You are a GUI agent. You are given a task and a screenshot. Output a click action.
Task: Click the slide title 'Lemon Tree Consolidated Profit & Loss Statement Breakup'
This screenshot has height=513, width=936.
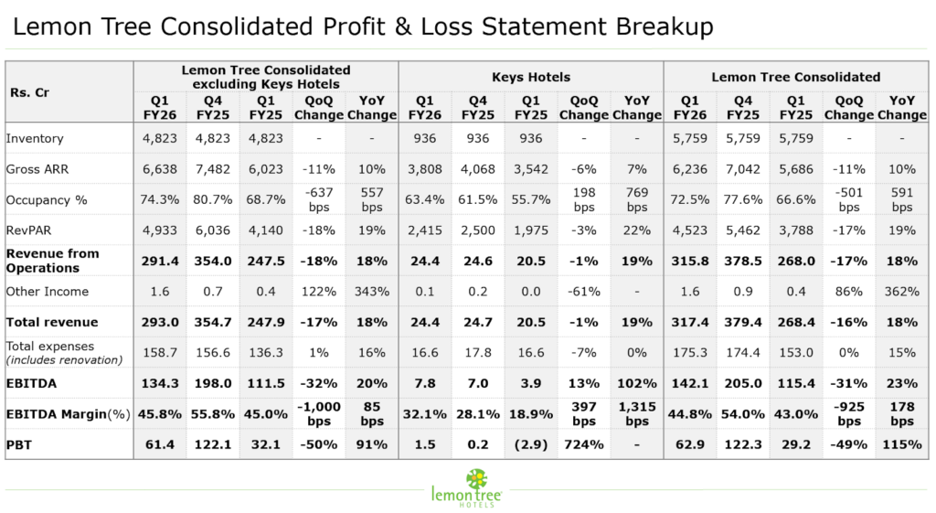click(363, 27)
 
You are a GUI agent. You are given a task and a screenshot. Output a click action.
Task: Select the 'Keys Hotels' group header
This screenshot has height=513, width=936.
click(530, 77)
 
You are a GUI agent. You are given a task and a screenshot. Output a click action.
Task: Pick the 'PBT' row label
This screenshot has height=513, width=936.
click(19, 444)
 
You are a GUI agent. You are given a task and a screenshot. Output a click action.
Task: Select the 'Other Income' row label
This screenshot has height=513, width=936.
click(48, 292)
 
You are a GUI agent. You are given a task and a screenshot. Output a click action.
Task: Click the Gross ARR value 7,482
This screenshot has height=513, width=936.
click(213, 168)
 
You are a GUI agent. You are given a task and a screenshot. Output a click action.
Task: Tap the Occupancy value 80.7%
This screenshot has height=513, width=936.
click(213, 199)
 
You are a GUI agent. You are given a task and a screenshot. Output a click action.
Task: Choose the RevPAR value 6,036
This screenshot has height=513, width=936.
click(213, 230)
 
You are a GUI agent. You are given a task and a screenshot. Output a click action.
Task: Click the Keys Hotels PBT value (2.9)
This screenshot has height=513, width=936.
click(530, 444)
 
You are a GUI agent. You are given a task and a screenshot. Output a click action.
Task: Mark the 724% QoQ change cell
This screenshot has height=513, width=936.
click(583, 444)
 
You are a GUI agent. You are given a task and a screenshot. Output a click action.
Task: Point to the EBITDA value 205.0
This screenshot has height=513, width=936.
click(743, 383)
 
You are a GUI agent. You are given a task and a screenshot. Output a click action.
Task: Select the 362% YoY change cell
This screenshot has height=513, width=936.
click(901, 292)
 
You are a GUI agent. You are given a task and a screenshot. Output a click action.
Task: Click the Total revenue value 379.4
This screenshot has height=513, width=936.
click(743, 322)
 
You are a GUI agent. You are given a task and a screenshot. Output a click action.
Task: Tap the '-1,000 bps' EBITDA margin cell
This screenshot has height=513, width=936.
click(319, 413)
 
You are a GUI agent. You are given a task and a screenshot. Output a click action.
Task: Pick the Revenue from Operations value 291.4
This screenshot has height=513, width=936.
click(160, 261)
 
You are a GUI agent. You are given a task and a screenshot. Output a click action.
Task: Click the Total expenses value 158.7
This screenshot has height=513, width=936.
click(160, 352)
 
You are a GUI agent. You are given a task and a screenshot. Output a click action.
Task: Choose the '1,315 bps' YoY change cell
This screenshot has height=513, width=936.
click(636, 413)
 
